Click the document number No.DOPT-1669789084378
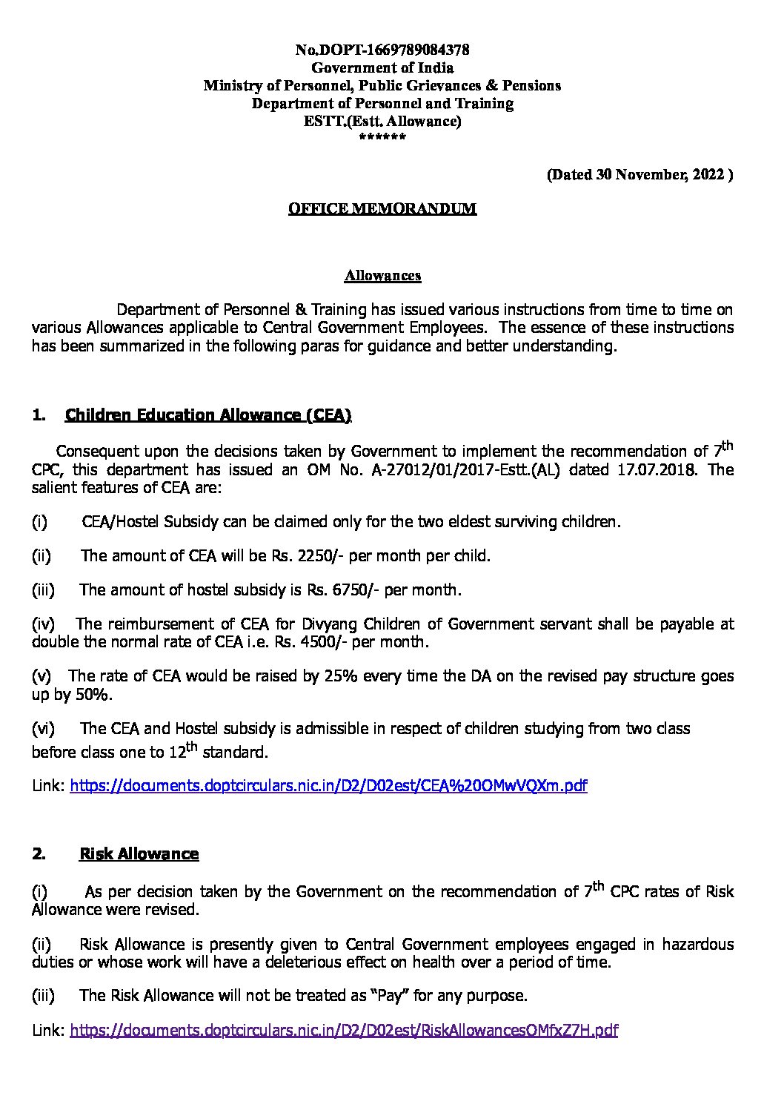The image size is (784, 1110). click(382, 50)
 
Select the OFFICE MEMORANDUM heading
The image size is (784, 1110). click(382, 209)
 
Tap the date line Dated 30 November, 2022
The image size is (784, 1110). click(640, 175)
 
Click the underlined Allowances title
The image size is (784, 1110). click(382, 276)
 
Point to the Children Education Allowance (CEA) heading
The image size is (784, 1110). click(208, 415)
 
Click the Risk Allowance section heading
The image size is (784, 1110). click(139, 854)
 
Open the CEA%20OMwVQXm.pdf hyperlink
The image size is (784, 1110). click(328, 786)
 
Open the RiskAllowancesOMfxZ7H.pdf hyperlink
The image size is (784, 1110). click(344, 1030)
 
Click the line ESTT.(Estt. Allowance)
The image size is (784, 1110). click(382, 122)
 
